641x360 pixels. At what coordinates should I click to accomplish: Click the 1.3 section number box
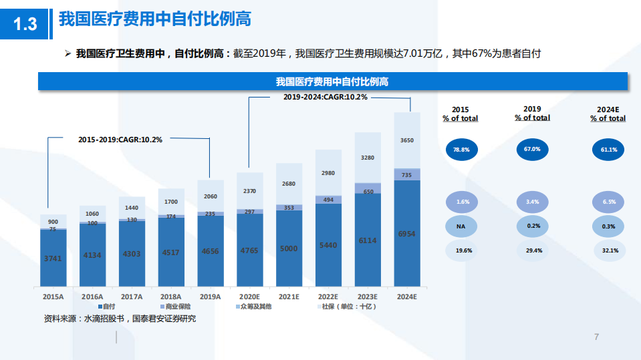pyautogui.click(x=25, y=24)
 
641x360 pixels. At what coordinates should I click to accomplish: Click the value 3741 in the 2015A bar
pyautogui.click(x=53, y=258)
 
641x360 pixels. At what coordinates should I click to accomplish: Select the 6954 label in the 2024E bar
pyautogui.click(x=407, y=234)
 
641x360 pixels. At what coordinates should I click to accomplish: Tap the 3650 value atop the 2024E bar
pyautogui.click(x=407, y=140)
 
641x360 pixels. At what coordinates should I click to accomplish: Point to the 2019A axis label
pyautogui.click(x=211, y=297)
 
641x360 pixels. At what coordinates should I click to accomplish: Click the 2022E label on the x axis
pyautogui.click(x=328, y=297)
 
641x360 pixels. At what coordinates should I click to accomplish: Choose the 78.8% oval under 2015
pyautogui.click(x=461, y=150)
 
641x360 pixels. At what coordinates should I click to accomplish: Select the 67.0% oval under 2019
pyautogui.click(x=532, y=149)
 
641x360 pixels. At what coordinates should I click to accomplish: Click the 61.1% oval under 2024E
pyautogui.click(x=608, y=150)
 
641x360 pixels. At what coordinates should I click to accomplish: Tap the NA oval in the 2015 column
pyautogui.click(x=461, y=226)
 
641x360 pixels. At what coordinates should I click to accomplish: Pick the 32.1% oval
pyautogui.click(x=608, y=250)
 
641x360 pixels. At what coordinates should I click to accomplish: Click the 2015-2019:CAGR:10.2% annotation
pyautogui.click(x=120, y=140)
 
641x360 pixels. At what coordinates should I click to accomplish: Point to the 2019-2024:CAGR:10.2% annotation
pyautogui.click(x=325, y=97)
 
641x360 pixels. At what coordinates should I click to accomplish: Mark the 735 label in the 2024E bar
pyautogui.click(x=407, y=175)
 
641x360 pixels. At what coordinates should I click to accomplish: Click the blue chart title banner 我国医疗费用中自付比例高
pyautogui.click(x=332, y=81)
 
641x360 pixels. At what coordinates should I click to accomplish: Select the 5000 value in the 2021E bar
pyautogui.click(x=289, y=248)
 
